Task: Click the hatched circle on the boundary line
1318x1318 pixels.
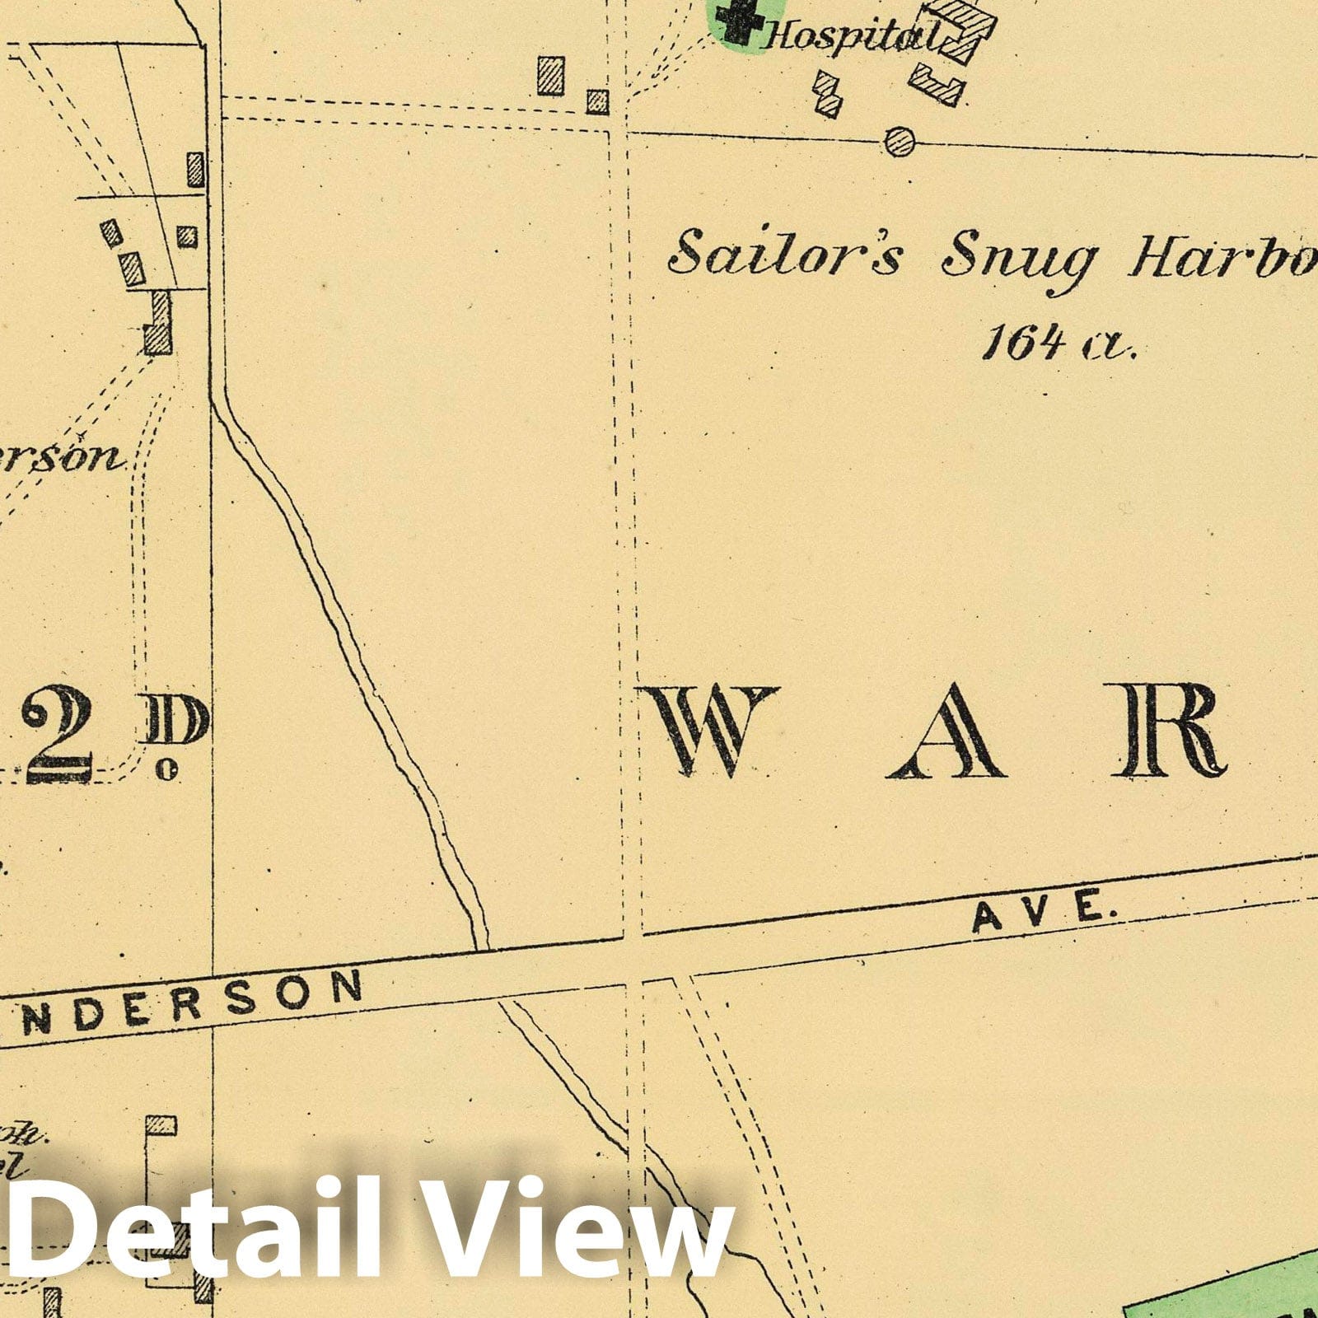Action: coord(900,142)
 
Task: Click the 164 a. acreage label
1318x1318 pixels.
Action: coord(1058,341)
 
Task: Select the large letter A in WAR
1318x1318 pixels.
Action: coord(946,733)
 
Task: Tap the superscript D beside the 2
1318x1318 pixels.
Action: coord(176,725)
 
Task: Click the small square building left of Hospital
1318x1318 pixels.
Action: coord(597,102)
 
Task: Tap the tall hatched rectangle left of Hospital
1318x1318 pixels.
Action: coord(551,76)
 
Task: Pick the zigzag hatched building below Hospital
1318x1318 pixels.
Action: coord(829,93)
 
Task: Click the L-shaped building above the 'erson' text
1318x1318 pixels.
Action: coord(158,325)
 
